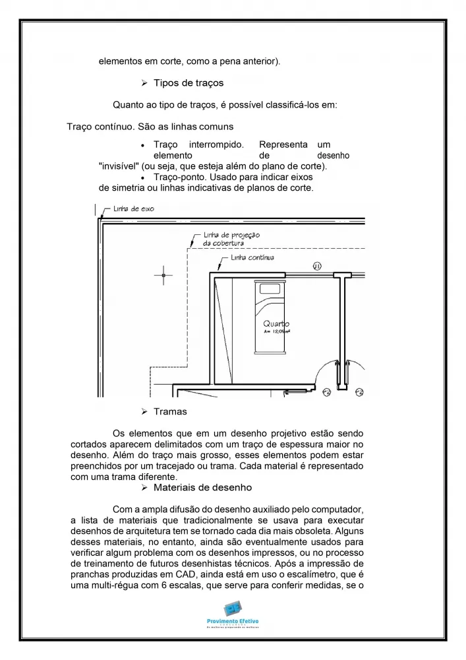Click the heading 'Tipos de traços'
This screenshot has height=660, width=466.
click(188, 83)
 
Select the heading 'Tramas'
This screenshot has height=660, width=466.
click(170, 412)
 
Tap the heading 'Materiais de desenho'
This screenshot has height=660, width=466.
click(202, 488)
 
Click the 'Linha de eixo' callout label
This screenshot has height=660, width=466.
click(133, 209)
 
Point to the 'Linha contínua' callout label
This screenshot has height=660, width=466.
click(252, 257)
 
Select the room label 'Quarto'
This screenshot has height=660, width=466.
click(276, 323)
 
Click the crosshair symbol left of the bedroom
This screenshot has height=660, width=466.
click(163, 275)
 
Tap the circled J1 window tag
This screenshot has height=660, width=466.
click(316, 266)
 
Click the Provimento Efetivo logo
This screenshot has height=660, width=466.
click(233, 612)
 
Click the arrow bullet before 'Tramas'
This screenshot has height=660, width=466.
click(144, 412)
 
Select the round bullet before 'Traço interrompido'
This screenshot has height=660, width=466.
click(143, 145)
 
